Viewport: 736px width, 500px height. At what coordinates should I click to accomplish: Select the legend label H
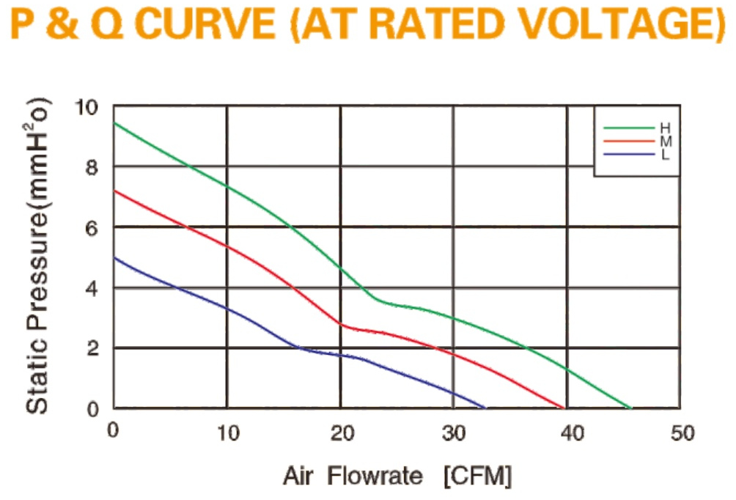(665, 128)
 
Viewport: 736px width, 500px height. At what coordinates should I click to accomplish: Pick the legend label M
(666, 141)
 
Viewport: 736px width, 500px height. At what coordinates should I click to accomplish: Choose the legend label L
(665, 155)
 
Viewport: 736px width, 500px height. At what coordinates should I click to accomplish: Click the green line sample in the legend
(629, 128)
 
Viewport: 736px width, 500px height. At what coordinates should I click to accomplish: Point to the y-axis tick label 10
(87, 108)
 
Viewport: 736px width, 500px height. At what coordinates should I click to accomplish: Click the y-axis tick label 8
(92, 168)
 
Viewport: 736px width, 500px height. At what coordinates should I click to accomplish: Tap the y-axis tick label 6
(92, 228)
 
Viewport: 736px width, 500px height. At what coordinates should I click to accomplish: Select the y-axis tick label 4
(92, 288)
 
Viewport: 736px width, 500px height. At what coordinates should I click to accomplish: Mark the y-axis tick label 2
(92, 348)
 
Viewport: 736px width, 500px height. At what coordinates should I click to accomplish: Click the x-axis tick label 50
(682, 433)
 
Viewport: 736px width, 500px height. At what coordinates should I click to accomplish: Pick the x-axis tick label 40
(573, 433)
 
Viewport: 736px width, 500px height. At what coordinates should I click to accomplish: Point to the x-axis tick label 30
(454, 433)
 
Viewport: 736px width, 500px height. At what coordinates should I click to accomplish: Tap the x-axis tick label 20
(342, 433)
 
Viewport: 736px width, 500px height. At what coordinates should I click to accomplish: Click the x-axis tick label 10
(228, 433)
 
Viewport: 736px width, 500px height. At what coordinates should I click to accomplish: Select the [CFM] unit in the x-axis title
(478, 476)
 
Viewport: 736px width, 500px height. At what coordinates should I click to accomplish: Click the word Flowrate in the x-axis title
(375, 476)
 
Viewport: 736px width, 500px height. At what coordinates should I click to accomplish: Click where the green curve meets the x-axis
(631, 408)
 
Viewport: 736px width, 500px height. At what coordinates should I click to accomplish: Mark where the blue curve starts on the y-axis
(114, 257)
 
